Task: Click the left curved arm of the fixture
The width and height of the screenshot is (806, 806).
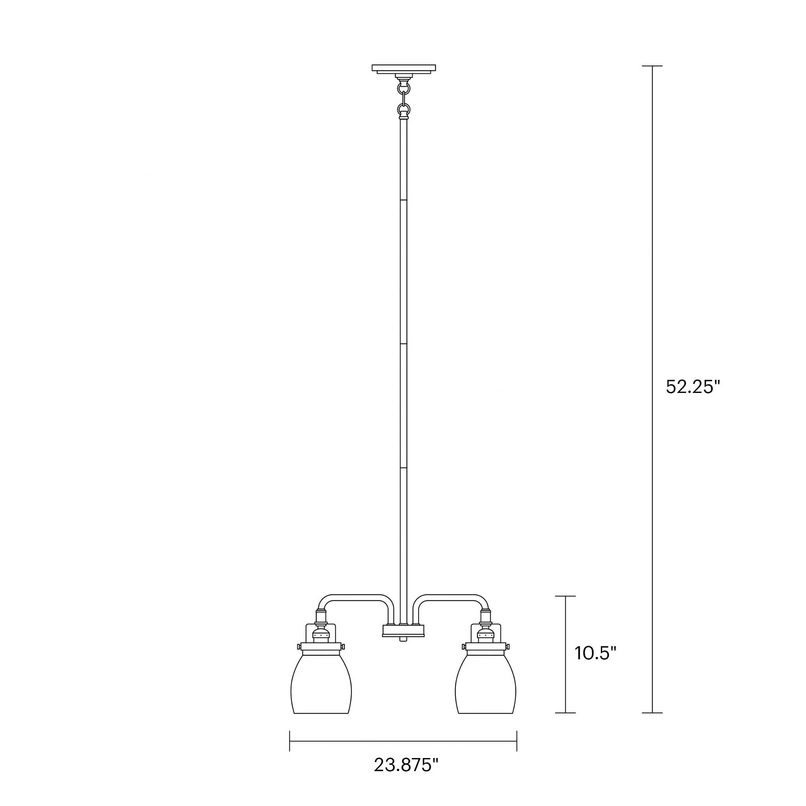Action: coord(355,597)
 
